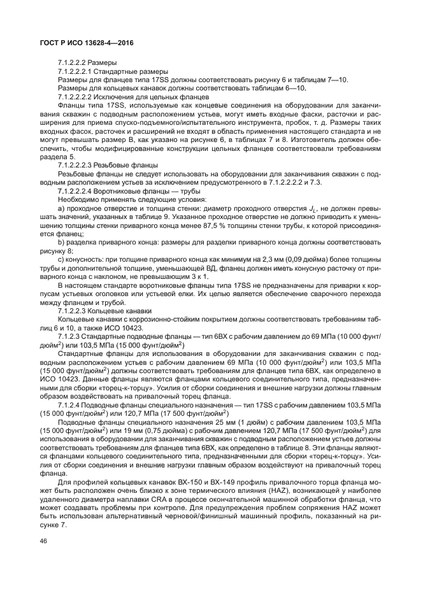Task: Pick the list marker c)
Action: [61, 260]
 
